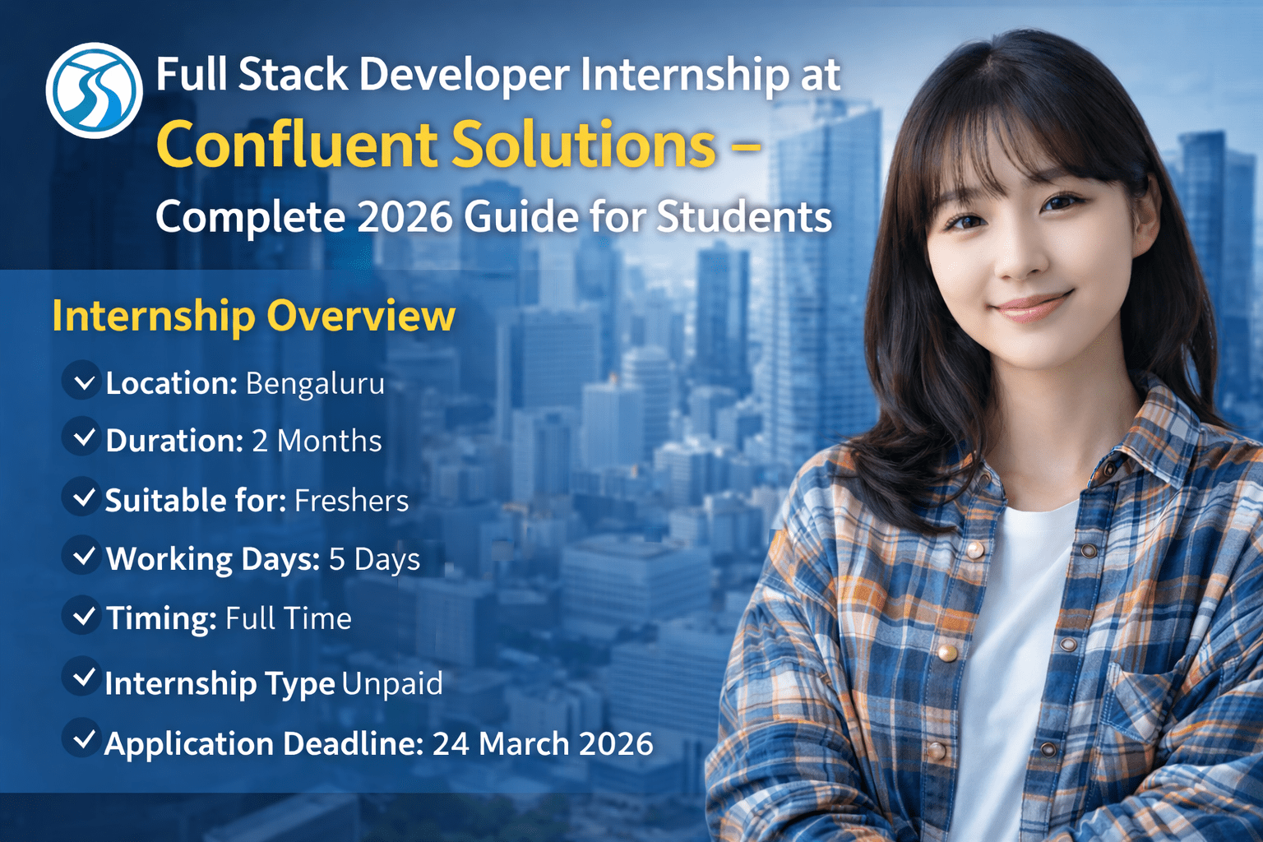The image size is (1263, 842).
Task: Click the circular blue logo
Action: click(x=94, y=90)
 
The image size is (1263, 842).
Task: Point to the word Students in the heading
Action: click(x=744, y=217)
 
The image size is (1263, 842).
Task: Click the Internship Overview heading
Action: click(x=253, y=316)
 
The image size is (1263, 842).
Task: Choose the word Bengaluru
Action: click(x=315, y=384)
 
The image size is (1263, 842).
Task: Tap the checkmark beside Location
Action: click(x=83, y=382)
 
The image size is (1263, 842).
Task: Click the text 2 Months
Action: click(x=317, y=442)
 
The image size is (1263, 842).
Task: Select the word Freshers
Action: click(x=351, y=501)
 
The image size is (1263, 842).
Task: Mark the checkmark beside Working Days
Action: click(x=83, y=557)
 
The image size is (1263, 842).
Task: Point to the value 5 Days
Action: click(x=374, y=560)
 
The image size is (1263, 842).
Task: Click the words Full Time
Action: click(x=289, y=618)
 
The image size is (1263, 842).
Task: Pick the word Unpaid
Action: click(x=392, y=684)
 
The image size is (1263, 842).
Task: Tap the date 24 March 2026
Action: click(x=543, y=744)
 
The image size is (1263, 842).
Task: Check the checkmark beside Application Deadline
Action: click(x=83, y=740)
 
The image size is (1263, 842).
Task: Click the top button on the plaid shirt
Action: click(x=974, y=549)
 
